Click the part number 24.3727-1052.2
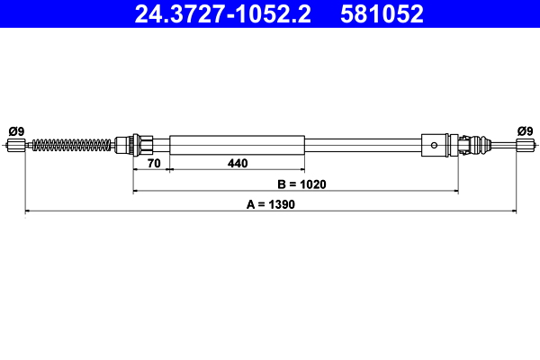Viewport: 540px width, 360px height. pos(222,14)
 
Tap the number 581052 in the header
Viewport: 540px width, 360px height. pos(382,14)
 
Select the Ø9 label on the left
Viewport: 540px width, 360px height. pos(16,131)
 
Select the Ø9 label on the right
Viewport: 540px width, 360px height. pos(525,131)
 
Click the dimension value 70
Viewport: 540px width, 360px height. pos(154,163)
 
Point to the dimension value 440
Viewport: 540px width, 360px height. pos(238,163)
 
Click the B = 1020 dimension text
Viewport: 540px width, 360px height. pos(301,184)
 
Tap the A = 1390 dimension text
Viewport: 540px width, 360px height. pos(271,204)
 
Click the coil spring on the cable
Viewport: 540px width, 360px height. pos(72,145)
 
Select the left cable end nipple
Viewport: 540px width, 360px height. pos(16,145)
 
